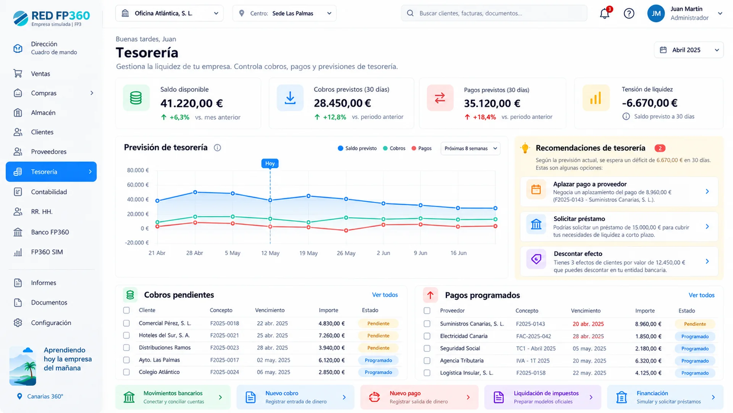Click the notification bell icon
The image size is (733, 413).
[x=605, y=13]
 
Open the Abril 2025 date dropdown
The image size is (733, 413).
[x=689, y=50]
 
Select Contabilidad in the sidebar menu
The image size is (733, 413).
[x=49, y=192]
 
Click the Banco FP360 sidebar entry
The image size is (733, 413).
[x=50, y=232]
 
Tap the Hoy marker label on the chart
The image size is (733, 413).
[x=270, y=163]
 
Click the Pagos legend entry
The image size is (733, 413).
[x=421, y=148]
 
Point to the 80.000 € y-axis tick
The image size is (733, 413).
[x=138, y=170]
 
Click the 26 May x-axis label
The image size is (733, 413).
[x=346, y=253]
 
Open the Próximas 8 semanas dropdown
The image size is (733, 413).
[x=470, y=148]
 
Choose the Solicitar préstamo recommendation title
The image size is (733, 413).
[x=579, y=219]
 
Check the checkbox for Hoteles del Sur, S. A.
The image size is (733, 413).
[x=126, y=335]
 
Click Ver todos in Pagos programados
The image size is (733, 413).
[x=701, y=295]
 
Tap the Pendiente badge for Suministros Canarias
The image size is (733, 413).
[x=695, y=324]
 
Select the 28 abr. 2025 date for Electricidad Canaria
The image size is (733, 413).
[x=588, y=337]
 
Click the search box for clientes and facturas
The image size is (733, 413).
[x=494, y=13]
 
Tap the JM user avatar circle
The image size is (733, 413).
[x=656, y=13]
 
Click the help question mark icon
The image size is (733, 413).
[x=629, y=13]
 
